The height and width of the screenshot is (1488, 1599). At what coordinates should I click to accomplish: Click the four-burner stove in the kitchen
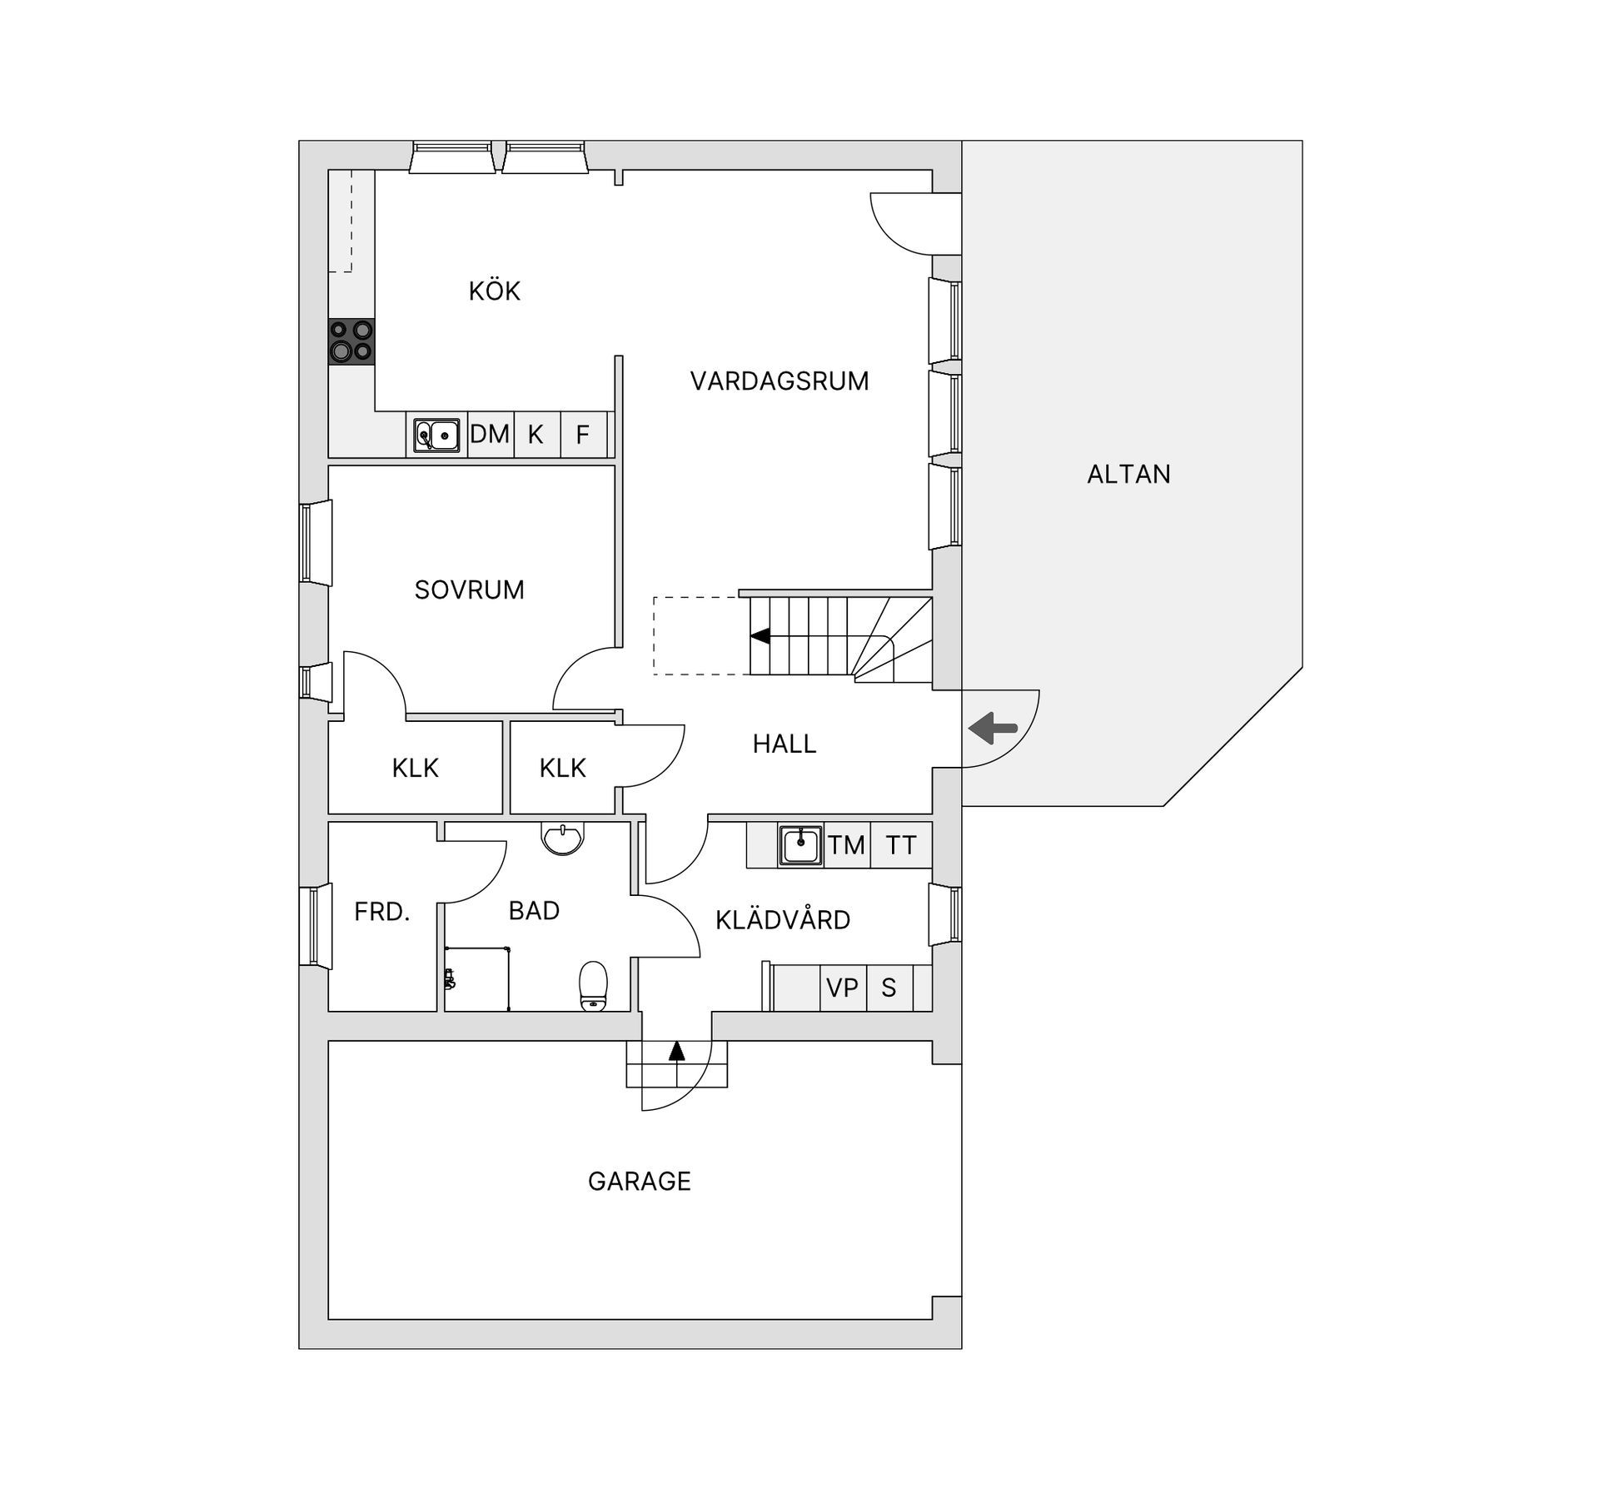click(x=351, y=341)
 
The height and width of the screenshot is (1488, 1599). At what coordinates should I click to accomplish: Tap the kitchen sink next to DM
click(x=437, y=435)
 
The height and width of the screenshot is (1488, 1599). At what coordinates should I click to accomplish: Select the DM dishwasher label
click(x=490, y=434)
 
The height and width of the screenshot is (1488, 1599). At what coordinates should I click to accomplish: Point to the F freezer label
click(x=583, y=435)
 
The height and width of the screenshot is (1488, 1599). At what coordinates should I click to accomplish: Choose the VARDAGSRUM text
click(x=780, y=381)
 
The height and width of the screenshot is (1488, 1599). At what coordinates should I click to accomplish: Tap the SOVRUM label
click(x=470, y=590)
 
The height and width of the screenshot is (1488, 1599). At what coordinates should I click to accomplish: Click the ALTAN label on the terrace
click(x=1128, y=475)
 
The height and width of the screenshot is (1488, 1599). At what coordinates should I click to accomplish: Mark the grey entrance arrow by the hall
click(x=994, y=728)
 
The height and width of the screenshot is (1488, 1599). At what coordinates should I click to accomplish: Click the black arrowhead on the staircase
click(x=759, y=636)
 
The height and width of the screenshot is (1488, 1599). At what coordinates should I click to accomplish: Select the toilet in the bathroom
click(x=594, y=986)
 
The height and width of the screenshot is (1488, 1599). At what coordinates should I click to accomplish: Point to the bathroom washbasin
click(x=563, y=839)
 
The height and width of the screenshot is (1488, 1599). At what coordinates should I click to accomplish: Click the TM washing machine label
click(x=847, y=846)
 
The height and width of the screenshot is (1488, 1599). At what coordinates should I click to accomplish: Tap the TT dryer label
click(x=901, y=846)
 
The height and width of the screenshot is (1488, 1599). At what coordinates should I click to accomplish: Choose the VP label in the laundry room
click(x=842, y=988)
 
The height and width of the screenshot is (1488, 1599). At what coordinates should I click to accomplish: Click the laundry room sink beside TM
click(x=800, y=845)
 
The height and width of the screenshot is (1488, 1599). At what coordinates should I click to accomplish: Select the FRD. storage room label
click(x=382, y=913)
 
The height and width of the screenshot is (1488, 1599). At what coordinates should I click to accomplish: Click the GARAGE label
click(x=640, y=1182)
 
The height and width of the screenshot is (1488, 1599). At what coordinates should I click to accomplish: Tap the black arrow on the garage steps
click(x=676, y=1051)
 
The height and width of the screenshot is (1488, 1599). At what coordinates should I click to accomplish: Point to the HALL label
click(x=785, y=744)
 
